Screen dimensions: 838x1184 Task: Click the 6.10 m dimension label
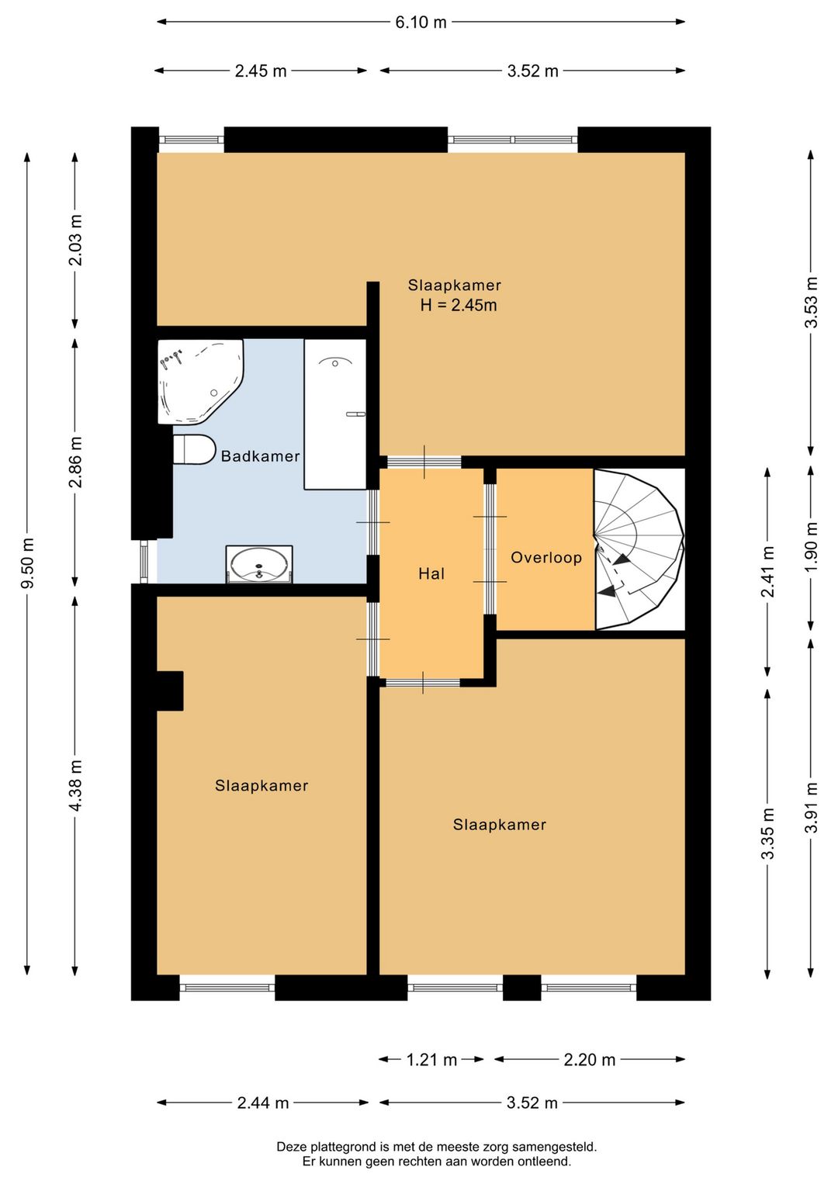pyautogui.click(x=421, y=23)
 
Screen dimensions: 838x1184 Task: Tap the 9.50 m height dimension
pyautogui.click(x=27, y=563)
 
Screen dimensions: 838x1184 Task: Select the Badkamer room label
pyautogui.click(x=260, y=456)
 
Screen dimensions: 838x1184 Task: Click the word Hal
pyautogui.click(x=431, y=573)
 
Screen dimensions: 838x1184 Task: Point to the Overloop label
pyautogui.click(x=546, y=557)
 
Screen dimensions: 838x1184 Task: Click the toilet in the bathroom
pyautogui.click(x=193, y=449)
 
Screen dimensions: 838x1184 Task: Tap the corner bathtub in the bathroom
pyautogui.click(x=200, y=381)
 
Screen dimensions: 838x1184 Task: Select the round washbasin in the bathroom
pyautogui.click(x=259, y=564)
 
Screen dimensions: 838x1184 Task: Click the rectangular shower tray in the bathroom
pyautogui.click(x=335, y=414)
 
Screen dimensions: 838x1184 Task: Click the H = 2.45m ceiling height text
pyautogui.click(x=459, y=305)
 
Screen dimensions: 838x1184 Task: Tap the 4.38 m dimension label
pyautogui.click(x=76, y=785)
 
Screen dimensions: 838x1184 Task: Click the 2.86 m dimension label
pyautogui.click(x=76, y=462)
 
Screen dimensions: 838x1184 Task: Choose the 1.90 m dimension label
pyautogui.click(x=812, y=546)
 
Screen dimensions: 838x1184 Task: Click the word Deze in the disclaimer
pyautogui.click(x=292, y=1148)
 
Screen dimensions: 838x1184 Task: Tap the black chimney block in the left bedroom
pyautogui.click(x=170, y=691)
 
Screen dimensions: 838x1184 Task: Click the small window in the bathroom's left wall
pyautogui.click(x=144, y=561)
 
